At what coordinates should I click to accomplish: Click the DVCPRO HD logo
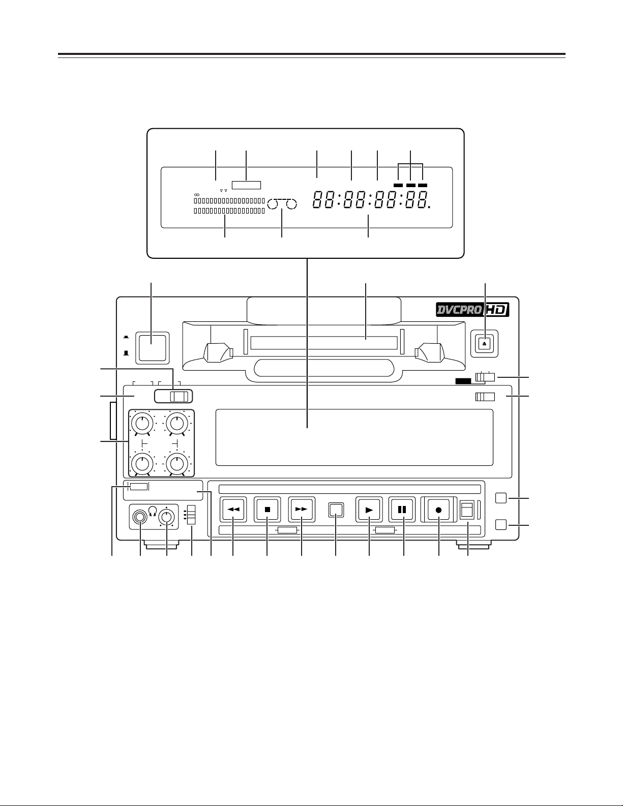472,310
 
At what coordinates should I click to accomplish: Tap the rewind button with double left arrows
233,510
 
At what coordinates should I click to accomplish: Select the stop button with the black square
268,510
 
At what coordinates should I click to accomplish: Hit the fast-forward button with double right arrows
302,510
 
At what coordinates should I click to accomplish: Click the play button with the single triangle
369,510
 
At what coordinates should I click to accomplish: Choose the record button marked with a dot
439,510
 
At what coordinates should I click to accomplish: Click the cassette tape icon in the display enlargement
282,204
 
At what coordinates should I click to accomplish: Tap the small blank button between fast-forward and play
336,510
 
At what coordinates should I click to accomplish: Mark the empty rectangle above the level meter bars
246,185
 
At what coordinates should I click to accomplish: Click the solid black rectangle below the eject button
463,380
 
